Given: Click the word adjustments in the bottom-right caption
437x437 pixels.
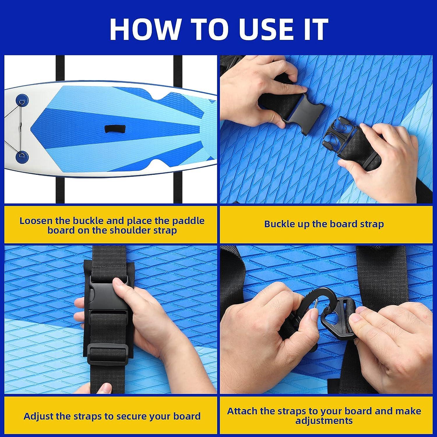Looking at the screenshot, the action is point(324,421).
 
